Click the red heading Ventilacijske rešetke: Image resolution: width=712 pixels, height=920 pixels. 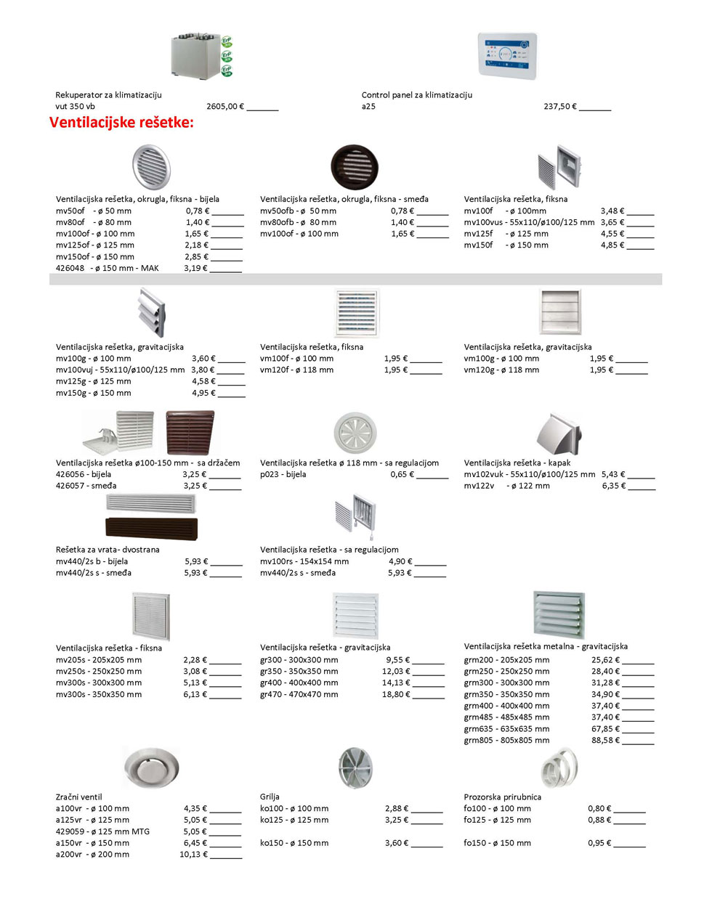pos(121,123)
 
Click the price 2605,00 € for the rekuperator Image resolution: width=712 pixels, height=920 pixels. pos(225,107)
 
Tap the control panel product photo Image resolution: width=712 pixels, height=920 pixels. pos(507,55)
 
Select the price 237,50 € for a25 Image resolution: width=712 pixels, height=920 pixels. pos(560,107)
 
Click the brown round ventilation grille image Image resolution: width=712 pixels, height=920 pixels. pos(355,167)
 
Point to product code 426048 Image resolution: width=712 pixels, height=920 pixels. pos(70,269)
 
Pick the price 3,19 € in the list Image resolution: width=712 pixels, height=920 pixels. pos(195,269)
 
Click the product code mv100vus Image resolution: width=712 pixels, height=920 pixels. pos(483,222)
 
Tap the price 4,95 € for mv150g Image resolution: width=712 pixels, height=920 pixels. pos(203,394)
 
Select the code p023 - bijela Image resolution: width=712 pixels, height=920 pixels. pos(283,475)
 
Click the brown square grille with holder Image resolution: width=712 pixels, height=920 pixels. pos(190,432)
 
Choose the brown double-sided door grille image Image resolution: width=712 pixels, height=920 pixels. pos(151,526)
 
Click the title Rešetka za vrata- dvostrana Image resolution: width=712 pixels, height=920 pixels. pos(108,550)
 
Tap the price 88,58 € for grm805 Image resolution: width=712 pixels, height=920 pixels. pos(605,741)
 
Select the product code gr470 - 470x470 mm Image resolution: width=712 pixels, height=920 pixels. pos(299,695)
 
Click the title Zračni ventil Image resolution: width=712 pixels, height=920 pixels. pos(79,797)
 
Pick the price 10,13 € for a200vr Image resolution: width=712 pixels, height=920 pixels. pos(193,855)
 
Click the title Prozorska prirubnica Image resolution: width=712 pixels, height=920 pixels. pos(502,797)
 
